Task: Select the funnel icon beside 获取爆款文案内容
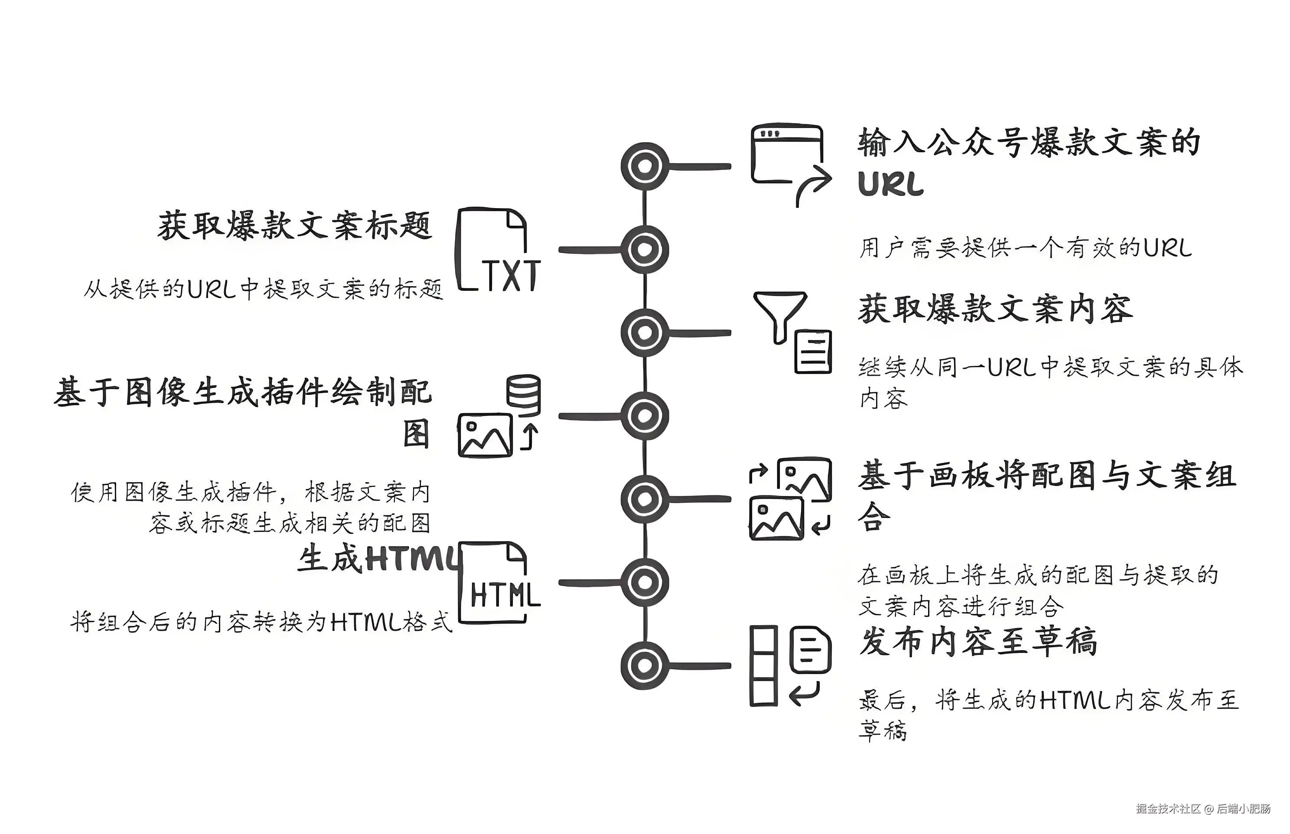(780, 317)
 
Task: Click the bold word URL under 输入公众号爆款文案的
(891, 184)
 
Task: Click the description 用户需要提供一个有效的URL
(1025, 248)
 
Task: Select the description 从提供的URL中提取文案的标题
(263, 290)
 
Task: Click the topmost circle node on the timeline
(645, 166)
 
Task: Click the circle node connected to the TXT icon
(645, 250)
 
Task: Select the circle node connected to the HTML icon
(645, 582)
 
